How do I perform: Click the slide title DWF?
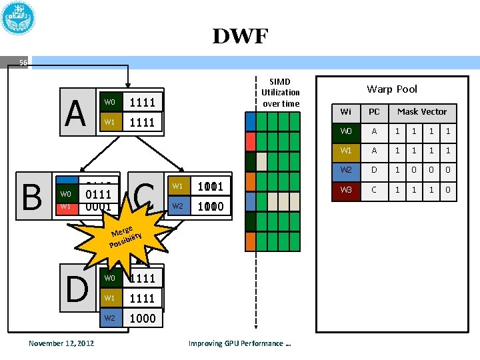240,36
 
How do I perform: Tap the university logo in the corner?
19,18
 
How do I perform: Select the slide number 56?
23,63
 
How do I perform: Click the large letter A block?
76,113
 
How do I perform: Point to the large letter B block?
31,196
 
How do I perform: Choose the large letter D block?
78,288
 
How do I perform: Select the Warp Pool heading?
392,89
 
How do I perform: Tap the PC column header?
374,111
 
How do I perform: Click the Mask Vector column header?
422,111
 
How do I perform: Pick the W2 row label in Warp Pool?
345,170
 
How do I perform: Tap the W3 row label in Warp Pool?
345,189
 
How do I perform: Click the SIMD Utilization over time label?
281,92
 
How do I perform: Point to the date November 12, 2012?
61,343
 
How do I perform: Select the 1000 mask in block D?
143,318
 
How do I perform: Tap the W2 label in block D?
111,318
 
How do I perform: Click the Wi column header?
345,111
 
